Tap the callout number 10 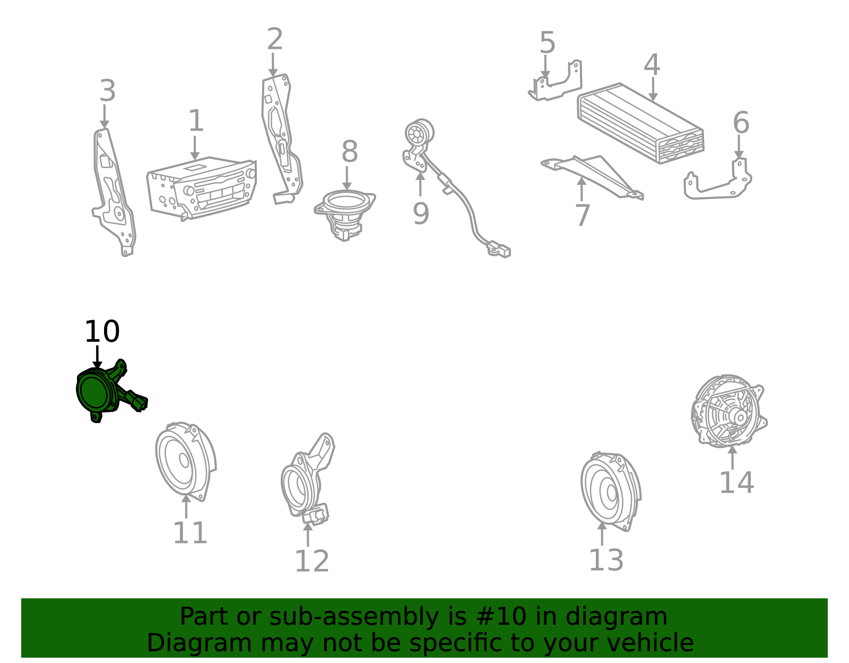[102, 331]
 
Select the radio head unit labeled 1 [202, 188]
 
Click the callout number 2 [275, 39]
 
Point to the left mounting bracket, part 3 [114, 192]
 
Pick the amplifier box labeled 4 [641, 123]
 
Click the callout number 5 [547, 42]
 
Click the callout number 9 [421, 214]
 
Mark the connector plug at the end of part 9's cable [499, 249]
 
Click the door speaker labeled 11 [185, 461]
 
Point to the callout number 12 [312, 561]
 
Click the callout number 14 [737, 483]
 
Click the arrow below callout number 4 [653, 89]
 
